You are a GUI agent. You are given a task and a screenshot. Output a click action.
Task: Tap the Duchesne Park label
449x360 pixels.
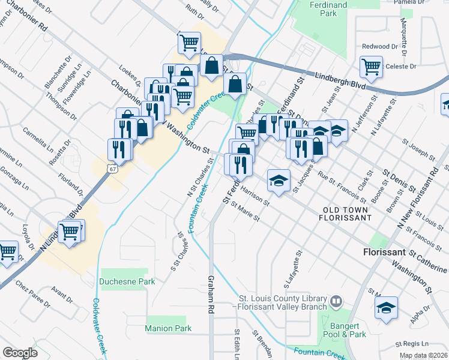tap(128, 281)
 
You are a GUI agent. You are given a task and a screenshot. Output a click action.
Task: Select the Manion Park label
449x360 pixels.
tap(168, 328)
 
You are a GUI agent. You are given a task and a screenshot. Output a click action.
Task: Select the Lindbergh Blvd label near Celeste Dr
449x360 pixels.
tap(340, 82)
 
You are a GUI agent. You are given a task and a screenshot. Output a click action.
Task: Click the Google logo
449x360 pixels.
tap(20, 353)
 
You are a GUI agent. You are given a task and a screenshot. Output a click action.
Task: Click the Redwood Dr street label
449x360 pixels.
tap(380, 46)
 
